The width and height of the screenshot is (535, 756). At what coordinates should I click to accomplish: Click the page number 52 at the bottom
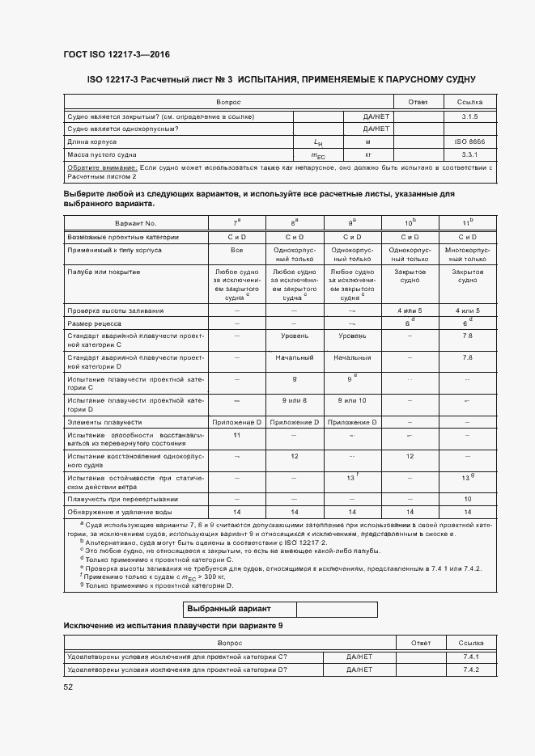(68, 686)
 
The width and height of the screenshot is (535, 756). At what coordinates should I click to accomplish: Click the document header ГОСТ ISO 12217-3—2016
(116, 55)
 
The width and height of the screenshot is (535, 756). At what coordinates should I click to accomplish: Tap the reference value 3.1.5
(469, 116)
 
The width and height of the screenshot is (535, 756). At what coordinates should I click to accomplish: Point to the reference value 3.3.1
(469, 154)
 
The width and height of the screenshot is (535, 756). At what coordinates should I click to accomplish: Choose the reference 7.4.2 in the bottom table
(471, 669)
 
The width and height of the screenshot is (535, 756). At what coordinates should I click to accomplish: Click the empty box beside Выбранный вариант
(337, 609)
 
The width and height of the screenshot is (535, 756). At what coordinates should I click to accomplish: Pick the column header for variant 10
(410, 222)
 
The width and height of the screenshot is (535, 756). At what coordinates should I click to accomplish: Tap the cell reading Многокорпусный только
(467, 255)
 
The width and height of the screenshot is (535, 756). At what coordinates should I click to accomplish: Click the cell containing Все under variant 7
(236, 250)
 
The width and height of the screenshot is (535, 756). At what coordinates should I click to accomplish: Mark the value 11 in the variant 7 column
(236, 435)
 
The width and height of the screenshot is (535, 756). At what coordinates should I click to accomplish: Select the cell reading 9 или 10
(352, 400)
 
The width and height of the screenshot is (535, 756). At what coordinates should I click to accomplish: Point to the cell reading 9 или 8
(294, 400)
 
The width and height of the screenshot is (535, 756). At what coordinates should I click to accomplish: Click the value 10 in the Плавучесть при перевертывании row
(467, 499)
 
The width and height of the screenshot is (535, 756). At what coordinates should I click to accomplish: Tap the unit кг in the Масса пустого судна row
(367, 154)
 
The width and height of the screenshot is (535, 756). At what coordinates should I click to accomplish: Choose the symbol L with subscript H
(318, 142)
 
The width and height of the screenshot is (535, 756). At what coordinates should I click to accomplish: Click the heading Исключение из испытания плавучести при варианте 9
(173, 627)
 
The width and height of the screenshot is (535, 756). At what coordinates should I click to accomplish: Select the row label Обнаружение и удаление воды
(121, 512)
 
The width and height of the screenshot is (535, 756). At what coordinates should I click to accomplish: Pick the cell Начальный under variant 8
(294, 357)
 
